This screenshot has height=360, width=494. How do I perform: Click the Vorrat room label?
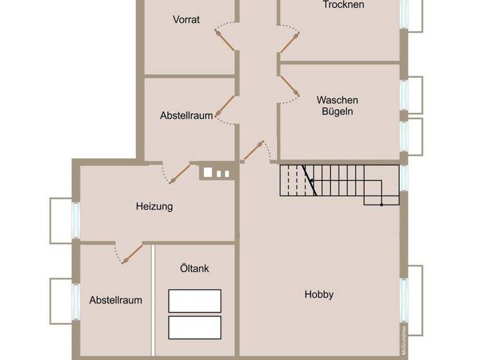click(186, 19)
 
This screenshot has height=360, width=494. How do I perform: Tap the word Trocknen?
click(343, 4)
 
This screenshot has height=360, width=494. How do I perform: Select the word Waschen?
click(337, 100)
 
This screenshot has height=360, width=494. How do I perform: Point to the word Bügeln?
click(337, 111)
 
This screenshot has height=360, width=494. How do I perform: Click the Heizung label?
click(154, 206)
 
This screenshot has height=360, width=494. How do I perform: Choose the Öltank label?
click(194, 269)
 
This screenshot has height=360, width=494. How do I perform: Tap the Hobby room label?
click(319, 294)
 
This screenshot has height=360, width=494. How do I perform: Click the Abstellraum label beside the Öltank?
click(116, 300)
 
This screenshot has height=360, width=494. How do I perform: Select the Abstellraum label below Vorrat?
click(186, 116)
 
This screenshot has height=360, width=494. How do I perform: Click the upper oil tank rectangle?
click(194, 301)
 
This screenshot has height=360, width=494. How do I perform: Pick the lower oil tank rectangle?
click(194, 327)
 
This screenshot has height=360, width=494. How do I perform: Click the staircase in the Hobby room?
click(338, 183)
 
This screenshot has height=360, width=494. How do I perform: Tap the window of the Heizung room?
click(75, 220)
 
